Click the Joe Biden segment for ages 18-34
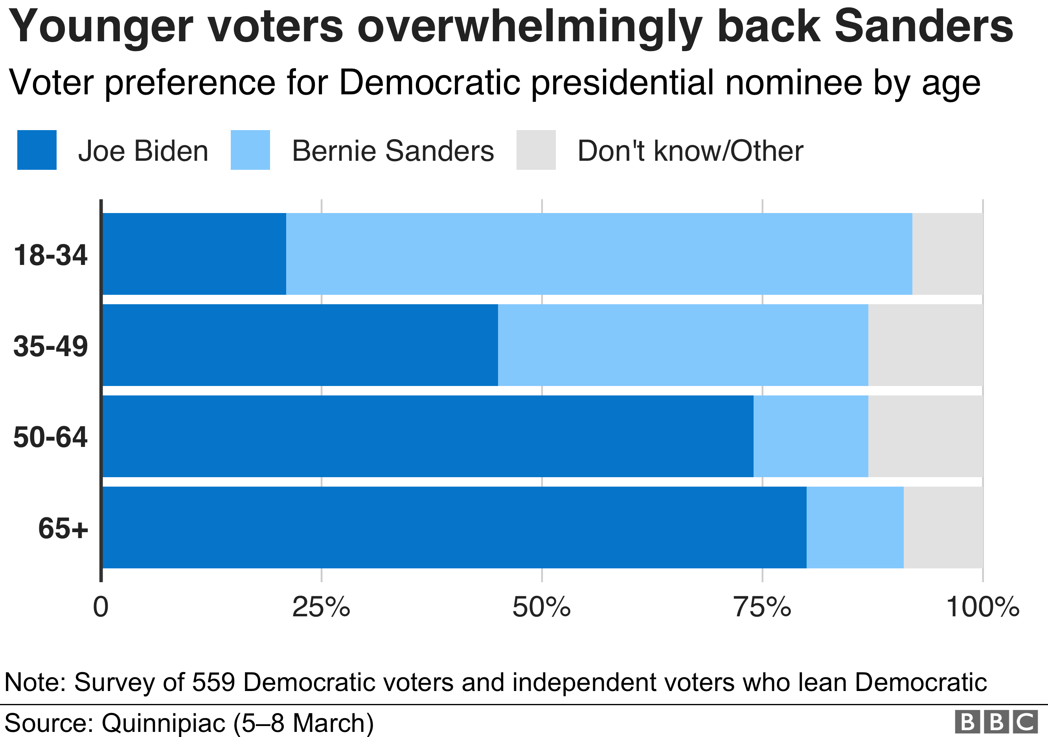coord(194,254)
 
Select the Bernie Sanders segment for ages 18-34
coord(599,254)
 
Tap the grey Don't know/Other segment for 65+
coord(943,527)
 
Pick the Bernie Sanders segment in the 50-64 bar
coord(811,436)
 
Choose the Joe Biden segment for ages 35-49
coord(300,345)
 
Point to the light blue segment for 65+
coord(855,527)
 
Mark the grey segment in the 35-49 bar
coord(925,345)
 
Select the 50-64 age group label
coord(50,437)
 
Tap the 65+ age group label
coord(63,528)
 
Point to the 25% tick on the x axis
coord(321,607)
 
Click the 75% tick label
coord(762,607)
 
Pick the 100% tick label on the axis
coord(982,607)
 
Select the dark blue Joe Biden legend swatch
coord(37,150)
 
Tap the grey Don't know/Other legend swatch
coord(536,150)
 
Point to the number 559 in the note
coord(213,682)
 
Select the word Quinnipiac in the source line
coord(164,723)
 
